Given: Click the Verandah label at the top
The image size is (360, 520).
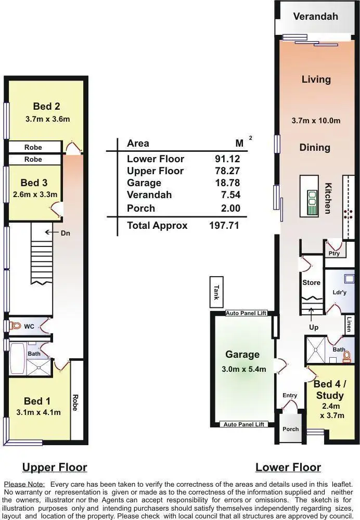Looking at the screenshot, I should (315, 16).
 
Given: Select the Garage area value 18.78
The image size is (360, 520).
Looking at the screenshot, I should (227, 183).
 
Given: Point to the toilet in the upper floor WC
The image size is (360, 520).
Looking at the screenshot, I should (16, 326).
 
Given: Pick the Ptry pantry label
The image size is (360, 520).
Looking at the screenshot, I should (334, 253).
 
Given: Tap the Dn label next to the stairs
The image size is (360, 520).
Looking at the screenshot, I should (65, 233).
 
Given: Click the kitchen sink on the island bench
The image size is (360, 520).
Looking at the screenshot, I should (312, 198).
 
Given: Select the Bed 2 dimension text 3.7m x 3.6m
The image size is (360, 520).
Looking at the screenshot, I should (47, 119).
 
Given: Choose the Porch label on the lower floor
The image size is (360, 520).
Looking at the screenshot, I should (290, 429).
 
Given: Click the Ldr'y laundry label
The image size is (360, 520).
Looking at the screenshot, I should (339, 292).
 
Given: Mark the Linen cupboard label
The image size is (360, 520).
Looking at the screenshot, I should (350, 324).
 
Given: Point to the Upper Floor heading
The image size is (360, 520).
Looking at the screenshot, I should (55, 467).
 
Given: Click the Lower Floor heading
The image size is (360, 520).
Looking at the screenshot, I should (288, 467).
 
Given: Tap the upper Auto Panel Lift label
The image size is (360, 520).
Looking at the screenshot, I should (246, 313).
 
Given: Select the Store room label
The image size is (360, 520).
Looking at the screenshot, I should (311, 282).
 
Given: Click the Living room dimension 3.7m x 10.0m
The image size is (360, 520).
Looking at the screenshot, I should (316, 121).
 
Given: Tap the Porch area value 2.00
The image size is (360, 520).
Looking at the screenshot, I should (230, 209).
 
